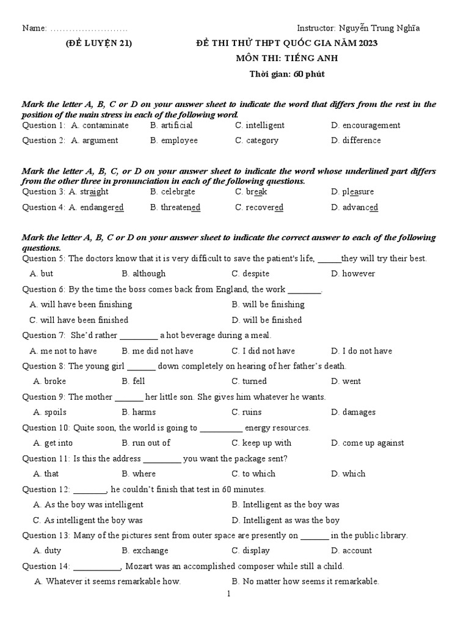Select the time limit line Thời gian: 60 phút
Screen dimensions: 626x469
[x=287, y=74]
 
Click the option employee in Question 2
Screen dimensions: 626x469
[x=180, y=141]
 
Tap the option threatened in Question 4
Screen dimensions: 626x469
[x=181, y=207]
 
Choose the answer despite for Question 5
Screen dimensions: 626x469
[x=256, y=274]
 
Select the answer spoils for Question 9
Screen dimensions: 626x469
[x=56, y=412]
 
